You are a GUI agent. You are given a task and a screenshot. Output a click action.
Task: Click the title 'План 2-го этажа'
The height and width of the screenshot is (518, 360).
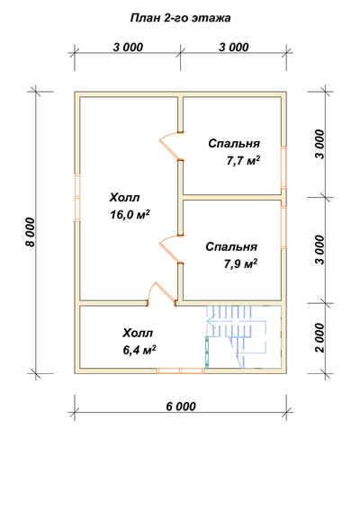pos(180,18)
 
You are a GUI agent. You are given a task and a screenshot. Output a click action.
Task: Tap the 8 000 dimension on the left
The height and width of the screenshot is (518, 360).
pos(30,232)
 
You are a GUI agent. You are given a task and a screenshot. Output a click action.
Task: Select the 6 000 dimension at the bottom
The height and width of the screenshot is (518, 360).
pos(181,406)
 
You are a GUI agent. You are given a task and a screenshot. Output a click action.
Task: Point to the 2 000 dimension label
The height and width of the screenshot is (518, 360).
pos(319,338)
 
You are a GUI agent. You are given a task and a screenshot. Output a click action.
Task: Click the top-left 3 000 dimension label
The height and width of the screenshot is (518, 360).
pos(128,48)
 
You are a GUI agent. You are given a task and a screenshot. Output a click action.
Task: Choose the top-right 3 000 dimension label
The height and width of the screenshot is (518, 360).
pos(234,48)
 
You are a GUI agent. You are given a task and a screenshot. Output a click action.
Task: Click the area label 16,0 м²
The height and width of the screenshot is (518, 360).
pos(130,215)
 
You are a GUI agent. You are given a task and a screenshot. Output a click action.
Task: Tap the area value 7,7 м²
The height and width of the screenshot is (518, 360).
pos(243,161)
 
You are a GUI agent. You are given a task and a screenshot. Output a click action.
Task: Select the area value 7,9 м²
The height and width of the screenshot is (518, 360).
pos(240,264)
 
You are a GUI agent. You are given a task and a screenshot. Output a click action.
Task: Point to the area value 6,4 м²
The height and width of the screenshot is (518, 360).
pos(139,350)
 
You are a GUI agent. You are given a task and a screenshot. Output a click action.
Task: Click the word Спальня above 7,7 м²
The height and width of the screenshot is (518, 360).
pos(234,143)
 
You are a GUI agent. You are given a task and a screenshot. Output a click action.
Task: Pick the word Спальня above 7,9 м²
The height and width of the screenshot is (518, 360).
pos(231,246)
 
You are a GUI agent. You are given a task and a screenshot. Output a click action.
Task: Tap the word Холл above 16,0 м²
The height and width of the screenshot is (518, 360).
pos(124,198)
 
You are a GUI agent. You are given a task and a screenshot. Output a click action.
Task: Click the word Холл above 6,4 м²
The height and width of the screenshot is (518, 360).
pos(138,333)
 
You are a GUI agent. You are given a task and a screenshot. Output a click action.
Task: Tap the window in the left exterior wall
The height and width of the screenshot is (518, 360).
pos(77,197)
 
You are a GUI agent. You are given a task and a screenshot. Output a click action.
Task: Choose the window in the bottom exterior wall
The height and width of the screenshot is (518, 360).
pos(181,371)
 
